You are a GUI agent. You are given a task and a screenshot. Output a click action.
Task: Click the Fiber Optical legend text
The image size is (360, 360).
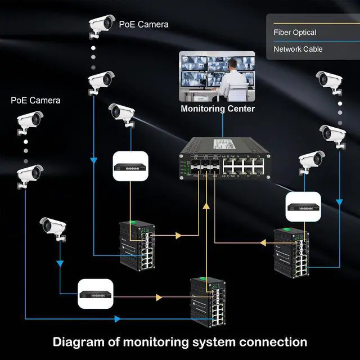(295, 33)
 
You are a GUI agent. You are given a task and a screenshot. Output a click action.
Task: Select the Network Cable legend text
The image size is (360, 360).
(298, 49)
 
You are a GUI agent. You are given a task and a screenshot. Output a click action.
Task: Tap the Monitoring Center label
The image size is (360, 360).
(217, 109)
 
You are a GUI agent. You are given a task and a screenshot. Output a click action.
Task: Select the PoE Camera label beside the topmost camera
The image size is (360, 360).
(143, 24)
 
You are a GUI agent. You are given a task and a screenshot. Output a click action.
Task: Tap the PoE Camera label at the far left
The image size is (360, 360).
(35, 101)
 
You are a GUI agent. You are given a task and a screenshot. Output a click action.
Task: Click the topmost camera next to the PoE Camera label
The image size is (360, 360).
(102, 24)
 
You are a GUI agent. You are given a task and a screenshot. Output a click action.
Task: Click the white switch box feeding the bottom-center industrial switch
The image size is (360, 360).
(96, 293)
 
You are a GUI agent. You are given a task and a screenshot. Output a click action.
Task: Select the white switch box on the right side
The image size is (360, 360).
(303, 206)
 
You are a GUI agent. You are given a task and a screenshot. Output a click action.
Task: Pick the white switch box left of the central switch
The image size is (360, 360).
(130, 166)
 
